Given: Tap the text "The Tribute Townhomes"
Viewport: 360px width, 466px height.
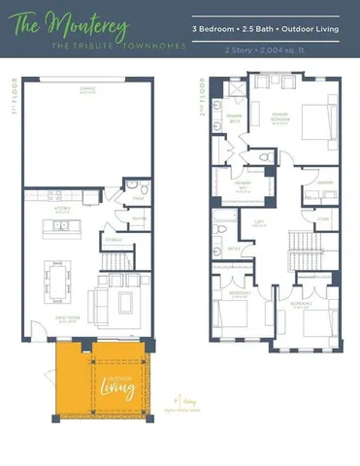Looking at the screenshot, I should [100, 46].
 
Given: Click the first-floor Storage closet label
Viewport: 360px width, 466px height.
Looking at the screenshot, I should [114, 238].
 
